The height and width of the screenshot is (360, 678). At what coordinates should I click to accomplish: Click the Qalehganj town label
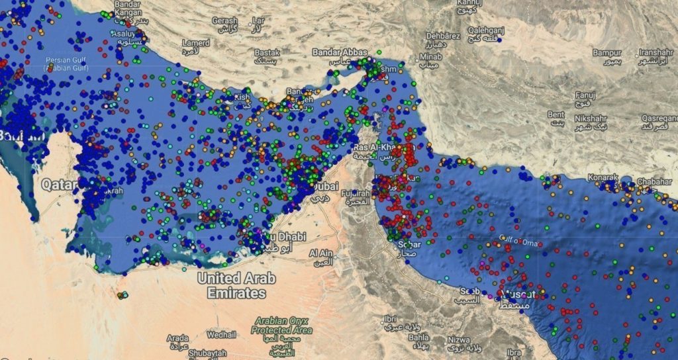tap(487, 30)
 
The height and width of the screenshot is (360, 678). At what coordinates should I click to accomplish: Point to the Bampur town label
tap(606, 52)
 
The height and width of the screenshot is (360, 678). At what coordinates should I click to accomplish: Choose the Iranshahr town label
tap(656, 52)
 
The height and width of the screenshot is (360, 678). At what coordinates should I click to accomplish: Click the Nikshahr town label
tap(590, 118)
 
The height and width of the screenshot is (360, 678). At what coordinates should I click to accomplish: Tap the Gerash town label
tap(224, 21)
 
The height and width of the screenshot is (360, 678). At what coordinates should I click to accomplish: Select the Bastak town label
tap(267, 52)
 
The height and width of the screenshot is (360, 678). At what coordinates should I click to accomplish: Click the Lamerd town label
tap(196, 43)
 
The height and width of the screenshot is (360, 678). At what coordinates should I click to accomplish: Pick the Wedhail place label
tap(221, 334)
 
